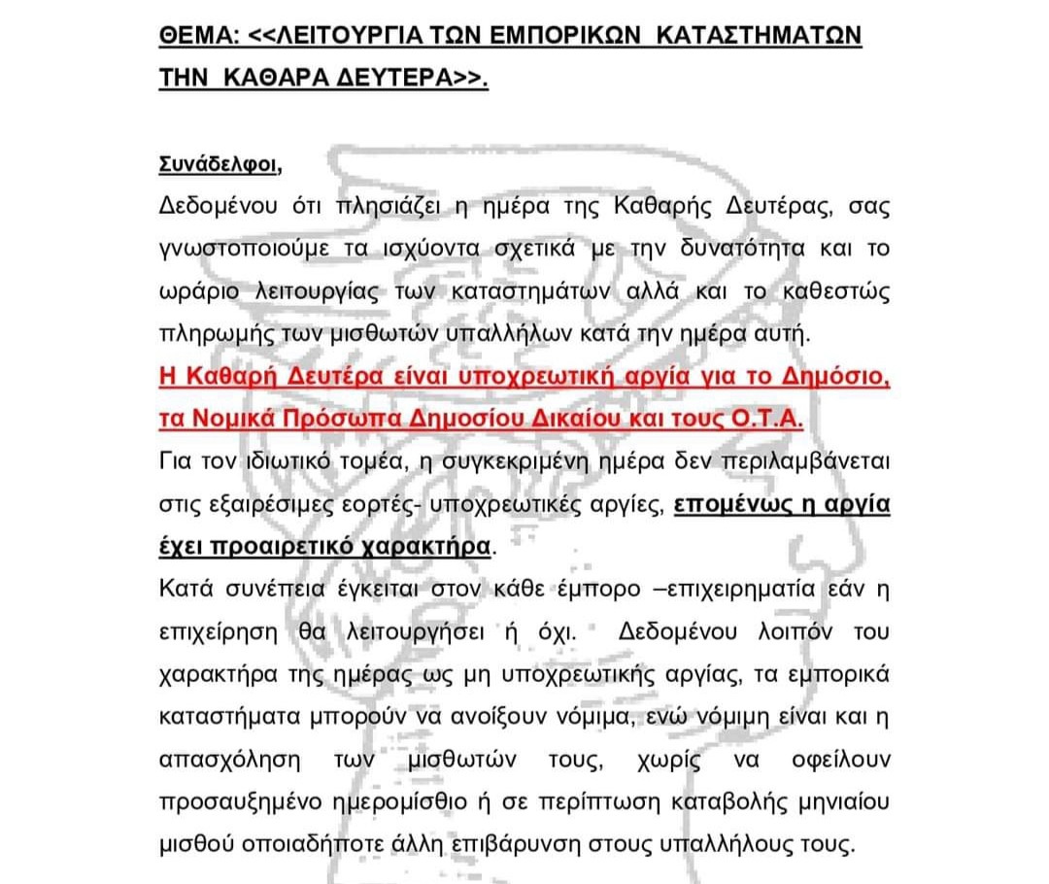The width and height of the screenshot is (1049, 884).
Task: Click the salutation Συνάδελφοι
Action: point(219,164)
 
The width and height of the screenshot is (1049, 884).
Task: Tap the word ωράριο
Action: point(193,291)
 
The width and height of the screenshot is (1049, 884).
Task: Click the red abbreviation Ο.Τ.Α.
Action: point(775,419)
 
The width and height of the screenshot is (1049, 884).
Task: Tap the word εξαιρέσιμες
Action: point(254,503)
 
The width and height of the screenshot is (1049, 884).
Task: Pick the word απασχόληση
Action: point(219,759)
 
